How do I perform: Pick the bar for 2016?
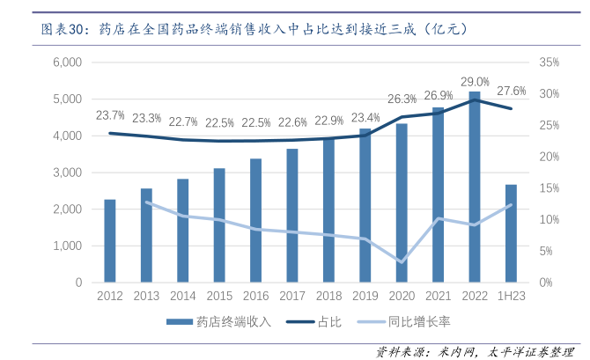255,220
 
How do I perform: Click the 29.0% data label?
475,82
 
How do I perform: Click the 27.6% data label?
512,91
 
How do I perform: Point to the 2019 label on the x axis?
365,297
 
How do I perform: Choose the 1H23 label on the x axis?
512,297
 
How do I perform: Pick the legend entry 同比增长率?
414,321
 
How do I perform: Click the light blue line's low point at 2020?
402,261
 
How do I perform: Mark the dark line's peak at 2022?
475,99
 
